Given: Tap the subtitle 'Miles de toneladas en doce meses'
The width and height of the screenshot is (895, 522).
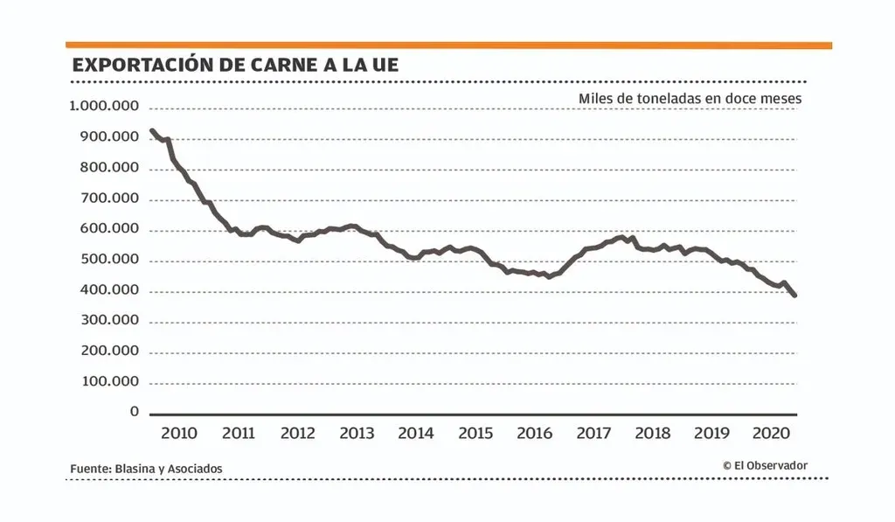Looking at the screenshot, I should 690,99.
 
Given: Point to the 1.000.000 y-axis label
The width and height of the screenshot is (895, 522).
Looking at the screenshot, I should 103,107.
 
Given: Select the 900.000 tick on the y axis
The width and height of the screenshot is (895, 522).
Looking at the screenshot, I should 108,137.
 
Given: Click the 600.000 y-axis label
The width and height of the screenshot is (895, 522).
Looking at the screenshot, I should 108,229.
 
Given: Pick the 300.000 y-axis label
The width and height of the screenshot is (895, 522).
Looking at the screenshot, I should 108,320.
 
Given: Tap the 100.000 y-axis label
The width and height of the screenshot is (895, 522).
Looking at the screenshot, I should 108,382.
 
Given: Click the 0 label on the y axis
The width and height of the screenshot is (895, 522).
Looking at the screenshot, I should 134,411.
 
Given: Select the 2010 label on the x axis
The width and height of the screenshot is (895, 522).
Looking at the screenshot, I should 178,433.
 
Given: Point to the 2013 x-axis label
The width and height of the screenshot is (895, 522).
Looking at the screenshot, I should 357,433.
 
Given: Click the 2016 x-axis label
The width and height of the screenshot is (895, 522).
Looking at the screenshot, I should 534,433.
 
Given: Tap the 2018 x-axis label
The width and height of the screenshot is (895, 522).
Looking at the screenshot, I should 653,433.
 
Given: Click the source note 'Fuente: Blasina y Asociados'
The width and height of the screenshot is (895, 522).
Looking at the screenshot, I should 146,469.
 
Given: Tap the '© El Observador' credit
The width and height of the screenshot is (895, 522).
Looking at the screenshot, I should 765,465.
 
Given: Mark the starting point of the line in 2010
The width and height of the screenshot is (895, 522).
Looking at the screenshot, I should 152,131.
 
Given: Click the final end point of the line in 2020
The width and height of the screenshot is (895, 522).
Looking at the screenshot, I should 794,296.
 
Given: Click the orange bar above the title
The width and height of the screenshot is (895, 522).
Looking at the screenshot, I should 448,45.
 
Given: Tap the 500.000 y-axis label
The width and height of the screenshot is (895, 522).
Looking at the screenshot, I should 108,260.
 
